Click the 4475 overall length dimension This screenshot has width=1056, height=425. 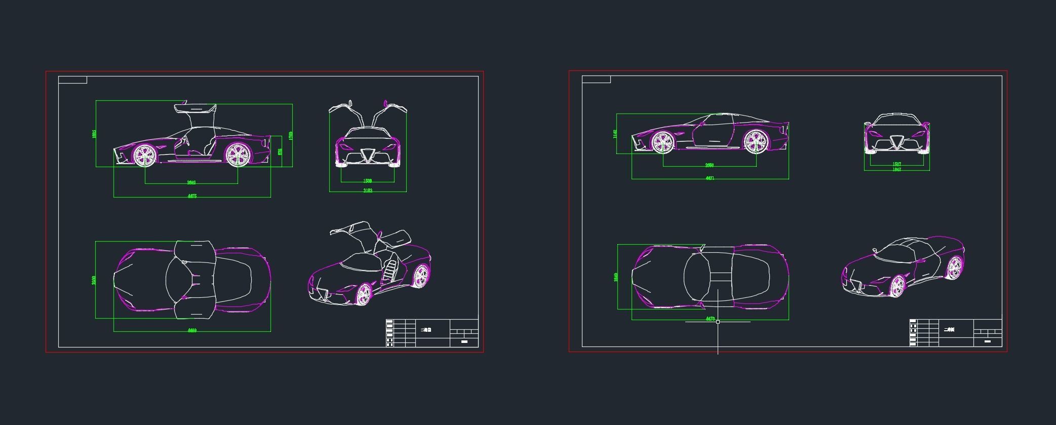[192, 196]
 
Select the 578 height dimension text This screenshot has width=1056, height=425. [280, 151]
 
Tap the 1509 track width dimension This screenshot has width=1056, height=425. [368, 181]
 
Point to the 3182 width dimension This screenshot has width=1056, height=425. [368, 190]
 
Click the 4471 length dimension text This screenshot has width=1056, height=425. [710, 178]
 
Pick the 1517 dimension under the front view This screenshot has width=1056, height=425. [896, 164]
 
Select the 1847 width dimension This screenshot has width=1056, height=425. [896, 170]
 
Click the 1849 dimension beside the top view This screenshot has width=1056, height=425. [615, 277]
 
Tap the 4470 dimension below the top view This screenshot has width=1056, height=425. [710, 319]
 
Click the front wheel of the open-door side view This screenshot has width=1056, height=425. [144, 155]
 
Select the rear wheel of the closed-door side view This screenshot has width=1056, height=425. [755, 142]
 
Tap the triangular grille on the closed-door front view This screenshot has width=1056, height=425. [896, 141]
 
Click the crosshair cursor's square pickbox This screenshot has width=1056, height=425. [718, 322]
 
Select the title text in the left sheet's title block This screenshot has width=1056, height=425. [426, 330]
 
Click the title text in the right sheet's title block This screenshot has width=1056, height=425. [949, 330]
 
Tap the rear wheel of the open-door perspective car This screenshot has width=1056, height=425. [420, 276]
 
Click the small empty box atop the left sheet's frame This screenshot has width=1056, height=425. [72, 80]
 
